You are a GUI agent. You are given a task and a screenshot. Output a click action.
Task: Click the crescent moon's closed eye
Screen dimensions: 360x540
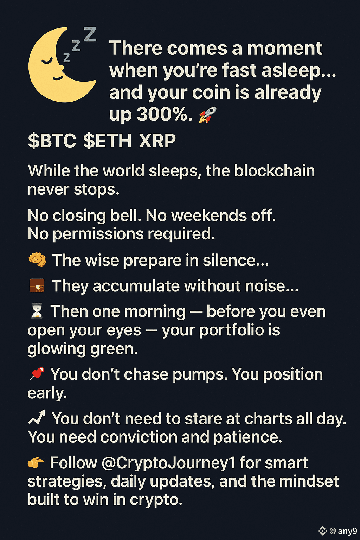(47, 61)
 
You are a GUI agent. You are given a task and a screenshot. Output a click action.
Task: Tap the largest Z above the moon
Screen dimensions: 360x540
(90, 34)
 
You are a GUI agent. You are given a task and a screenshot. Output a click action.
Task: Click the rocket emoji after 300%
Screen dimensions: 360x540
(208, 115)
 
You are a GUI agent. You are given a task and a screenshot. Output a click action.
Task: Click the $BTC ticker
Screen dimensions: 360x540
(52, 141)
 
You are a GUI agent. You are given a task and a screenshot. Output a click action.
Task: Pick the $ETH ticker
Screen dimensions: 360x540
(108, 141)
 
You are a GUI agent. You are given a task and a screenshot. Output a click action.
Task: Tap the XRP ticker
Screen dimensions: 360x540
(157, 141)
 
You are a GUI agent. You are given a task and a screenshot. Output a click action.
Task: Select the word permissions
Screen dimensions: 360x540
(98, 234)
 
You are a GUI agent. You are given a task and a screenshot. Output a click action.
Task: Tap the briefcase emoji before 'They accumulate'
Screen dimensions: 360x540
(37, 285)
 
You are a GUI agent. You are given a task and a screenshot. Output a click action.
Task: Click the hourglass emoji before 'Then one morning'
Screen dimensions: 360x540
(37, 311)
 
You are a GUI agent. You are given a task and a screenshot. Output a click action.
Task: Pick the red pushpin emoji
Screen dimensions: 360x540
(37, 373)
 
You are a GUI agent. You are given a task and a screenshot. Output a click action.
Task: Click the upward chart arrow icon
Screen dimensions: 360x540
(37, 417)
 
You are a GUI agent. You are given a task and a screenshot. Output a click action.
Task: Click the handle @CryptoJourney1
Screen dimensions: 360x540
(168, 463)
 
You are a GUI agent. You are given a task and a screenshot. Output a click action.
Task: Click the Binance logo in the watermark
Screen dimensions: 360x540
(323, 531)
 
